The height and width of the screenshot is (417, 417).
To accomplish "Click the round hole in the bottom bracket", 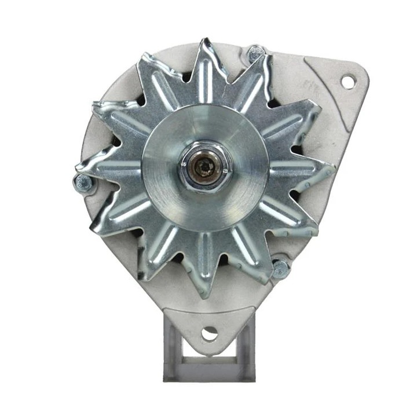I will tap(210, 333).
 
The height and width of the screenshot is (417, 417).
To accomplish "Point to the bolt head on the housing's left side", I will tap(82, 184).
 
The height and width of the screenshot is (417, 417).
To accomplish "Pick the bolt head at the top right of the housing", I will tap(255, 54).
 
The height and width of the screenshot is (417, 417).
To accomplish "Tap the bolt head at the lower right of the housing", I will tap(280, 268).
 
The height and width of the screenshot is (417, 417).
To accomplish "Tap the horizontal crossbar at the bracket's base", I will tap(209, 374).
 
